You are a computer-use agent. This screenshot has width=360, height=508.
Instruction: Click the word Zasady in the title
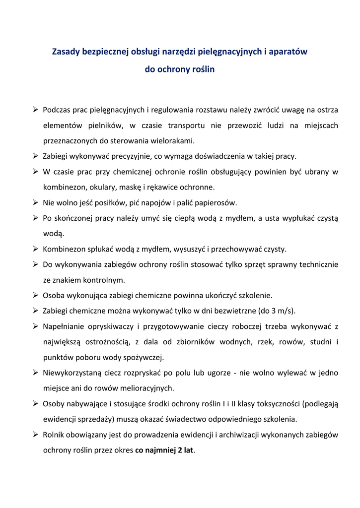pos(66,51)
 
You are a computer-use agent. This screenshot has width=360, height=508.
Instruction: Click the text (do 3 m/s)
pos(278,311)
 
